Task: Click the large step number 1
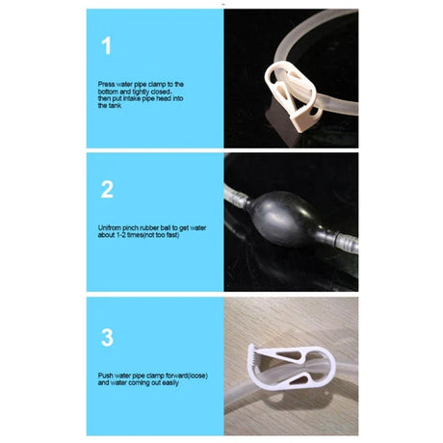click(107, 45)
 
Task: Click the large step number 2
click(107, 190)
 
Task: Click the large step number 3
click(107, 337)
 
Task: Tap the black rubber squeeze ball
click(286, 220)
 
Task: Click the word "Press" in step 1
click(106, 84)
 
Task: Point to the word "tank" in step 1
click(115, 106)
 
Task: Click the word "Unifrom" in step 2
click(109, 228)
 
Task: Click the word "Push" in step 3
click(105, 376)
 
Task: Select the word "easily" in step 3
click(170, 382)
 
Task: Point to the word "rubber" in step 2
click(155, 228)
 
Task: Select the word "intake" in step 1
click(132, 98)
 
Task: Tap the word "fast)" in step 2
click(172, 235)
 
